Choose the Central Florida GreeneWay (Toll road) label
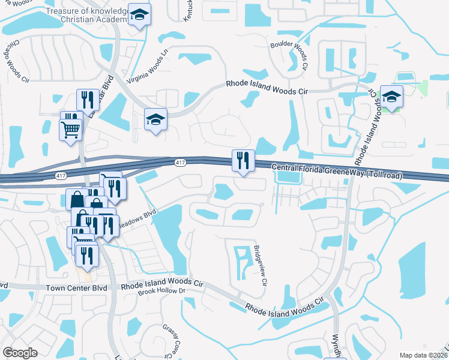(x=336, y=172)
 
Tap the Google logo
(x=20, y=352)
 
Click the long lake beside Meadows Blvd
(x=172, y=237)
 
